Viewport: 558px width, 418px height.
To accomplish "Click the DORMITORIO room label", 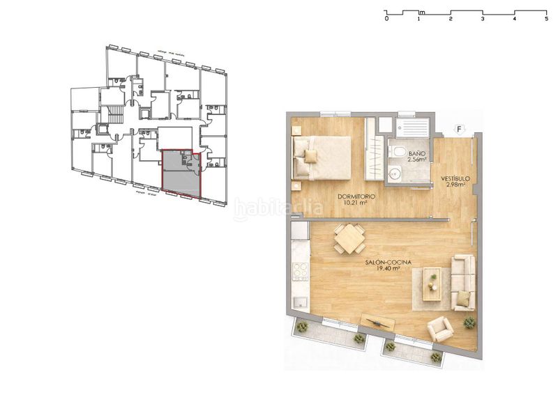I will [x=356, y=197].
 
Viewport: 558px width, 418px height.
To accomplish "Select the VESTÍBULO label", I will [x=455, y=179].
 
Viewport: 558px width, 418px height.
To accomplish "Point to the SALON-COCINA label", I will [x=387, y=262].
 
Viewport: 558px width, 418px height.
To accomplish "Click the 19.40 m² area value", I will [x=387, y=269].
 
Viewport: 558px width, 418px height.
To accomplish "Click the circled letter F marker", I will [x=458, y=128].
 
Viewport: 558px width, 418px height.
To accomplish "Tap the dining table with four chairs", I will [x=349, y=239].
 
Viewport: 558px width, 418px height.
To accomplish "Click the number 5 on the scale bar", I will [x=546, y=20].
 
